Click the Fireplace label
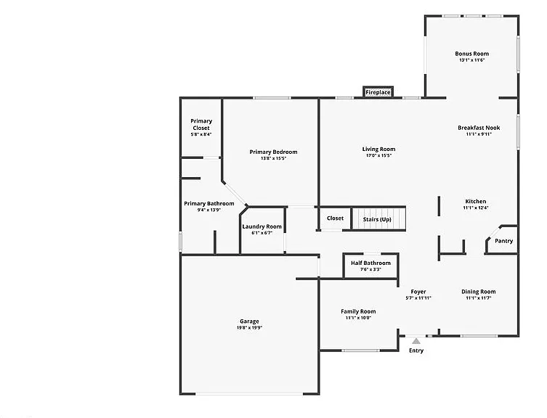coord(378,92)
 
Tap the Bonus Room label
coord(471,54)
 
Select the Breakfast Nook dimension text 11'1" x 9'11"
coord(479,134)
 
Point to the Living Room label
coord(378,149)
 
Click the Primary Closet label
coord(201,125)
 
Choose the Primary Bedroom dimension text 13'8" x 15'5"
coord(273,158)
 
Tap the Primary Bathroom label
coord(209,204)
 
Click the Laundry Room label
coord(262,226)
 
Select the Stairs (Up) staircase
coord(378,218)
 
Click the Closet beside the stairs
coord(335,218)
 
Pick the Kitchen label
coord(476,202)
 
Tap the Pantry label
coord(503,241)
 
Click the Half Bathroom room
coord(370,266)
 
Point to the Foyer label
coord(418,292)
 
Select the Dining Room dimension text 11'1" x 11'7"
coord(478,298)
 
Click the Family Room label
coord(358,311)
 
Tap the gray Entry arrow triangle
coord(416,341)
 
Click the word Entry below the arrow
coord(416,351)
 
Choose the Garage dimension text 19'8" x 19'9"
coord(249,328)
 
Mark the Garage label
coord(249,321)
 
